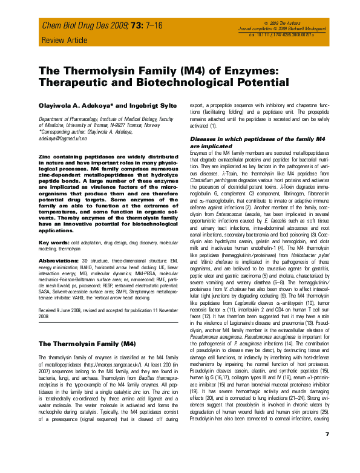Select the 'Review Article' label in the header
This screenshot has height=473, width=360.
pos(61,41)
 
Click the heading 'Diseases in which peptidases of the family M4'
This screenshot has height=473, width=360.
pos(258,139)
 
